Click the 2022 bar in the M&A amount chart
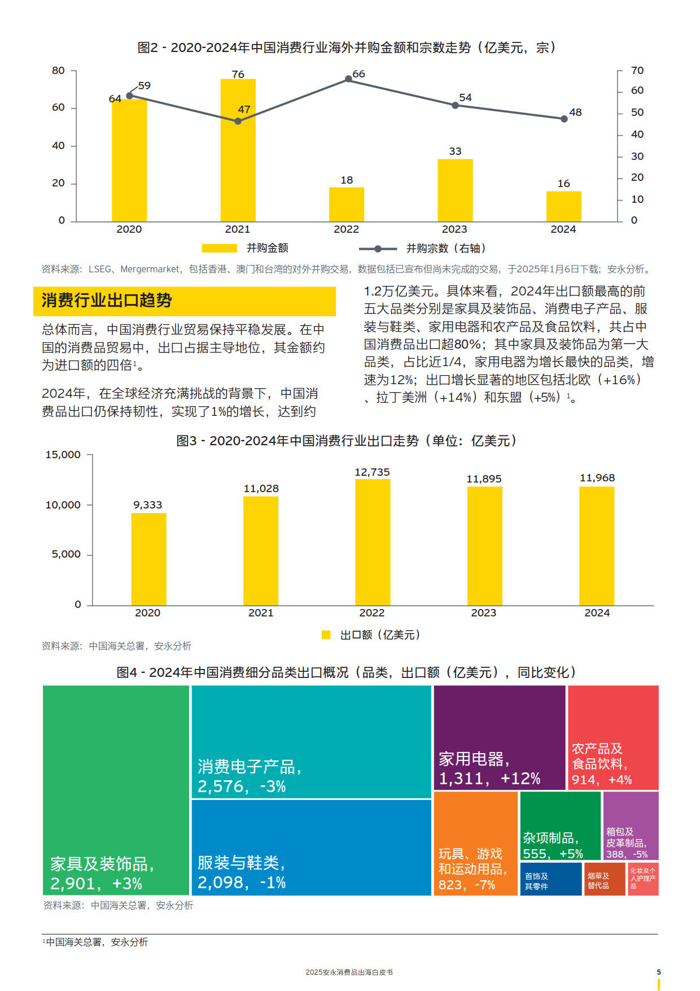click(346, 204)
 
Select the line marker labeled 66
click(348, 79)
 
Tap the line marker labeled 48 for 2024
click(564, 119)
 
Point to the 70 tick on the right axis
click(637, 71)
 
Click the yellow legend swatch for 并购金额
click(220, 248)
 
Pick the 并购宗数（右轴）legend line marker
click(378, 249)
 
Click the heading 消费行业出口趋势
click(107, 300)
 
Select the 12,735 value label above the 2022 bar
click(372, 472)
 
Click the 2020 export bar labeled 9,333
click(148, 559)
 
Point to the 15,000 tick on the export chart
click(63, 455)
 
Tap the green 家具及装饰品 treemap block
click(116, 790)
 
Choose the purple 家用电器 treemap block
click(500, 737)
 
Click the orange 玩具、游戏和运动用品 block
click(475, 844)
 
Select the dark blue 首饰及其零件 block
click(551, 879)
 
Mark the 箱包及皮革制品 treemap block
click(631, 825)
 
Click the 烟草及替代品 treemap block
click(605, 879)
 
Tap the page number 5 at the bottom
click(659, 972)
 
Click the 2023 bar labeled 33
click(455, 190)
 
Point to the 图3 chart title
click(347, 441)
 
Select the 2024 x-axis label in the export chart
click(597, 613)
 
